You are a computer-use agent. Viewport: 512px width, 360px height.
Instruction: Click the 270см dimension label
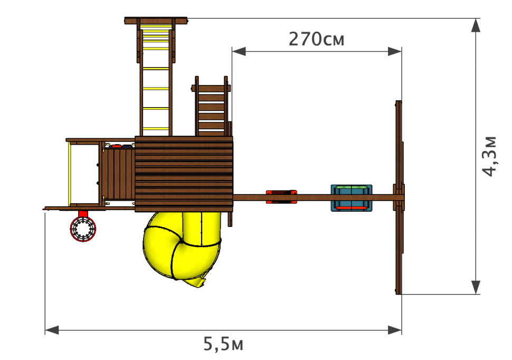(316, 39)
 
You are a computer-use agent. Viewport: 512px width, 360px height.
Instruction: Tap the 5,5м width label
(223, 344)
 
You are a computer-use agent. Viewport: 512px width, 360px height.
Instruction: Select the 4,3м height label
(489, 156)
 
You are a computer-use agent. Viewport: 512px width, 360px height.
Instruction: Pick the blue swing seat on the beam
(352, 198)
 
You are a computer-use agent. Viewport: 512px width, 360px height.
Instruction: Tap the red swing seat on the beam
(281, 197)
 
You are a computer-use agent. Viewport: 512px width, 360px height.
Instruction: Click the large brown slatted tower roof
(184, 174)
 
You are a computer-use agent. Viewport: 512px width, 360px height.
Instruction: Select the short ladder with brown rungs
(211, 106)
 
